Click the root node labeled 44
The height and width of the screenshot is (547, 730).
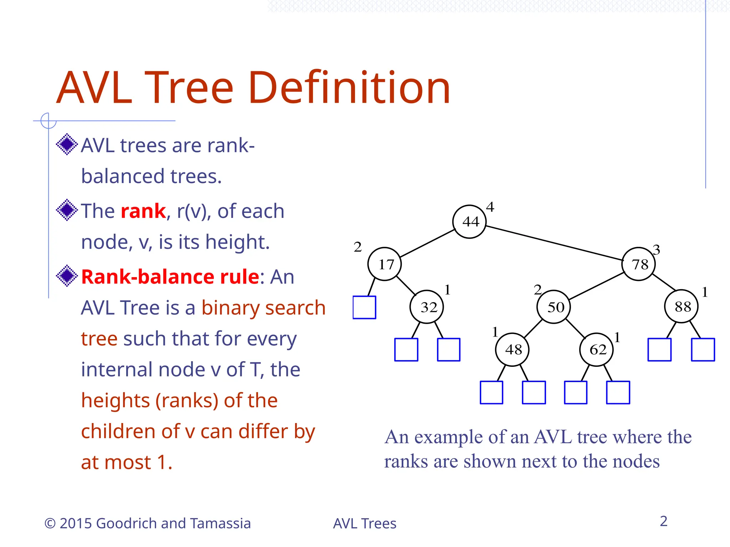pos(469,222)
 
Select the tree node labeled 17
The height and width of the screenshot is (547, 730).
pos(385,264)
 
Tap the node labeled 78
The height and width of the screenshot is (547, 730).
pos(638,264)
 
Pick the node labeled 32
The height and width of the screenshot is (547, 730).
pos(427,307)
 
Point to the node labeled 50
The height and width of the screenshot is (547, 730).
pos(554,307)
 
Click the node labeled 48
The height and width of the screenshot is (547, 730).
pos(512,349)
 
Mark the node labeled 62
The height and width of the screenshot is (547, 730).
pos(596,349)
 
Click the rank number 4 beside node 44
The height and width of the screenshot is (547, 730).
pos(490,207)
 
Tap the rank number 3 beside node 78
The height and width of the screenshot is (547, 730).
pos(656,250)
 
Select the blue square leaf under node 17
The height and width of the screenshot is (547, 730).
pos(364,307)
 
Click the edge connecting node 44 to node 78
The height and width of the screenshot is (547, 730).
pos(554,243)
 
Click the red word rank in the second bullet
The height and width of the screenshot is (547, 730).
pos(143,211)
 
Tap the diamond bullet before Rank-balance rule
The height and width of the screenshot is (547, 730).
pos(67,276)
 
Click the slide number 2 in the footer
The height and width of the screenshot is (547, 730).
pos(663,521)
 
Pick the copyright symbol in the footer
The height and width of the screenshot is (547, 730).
pos(50,523)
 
